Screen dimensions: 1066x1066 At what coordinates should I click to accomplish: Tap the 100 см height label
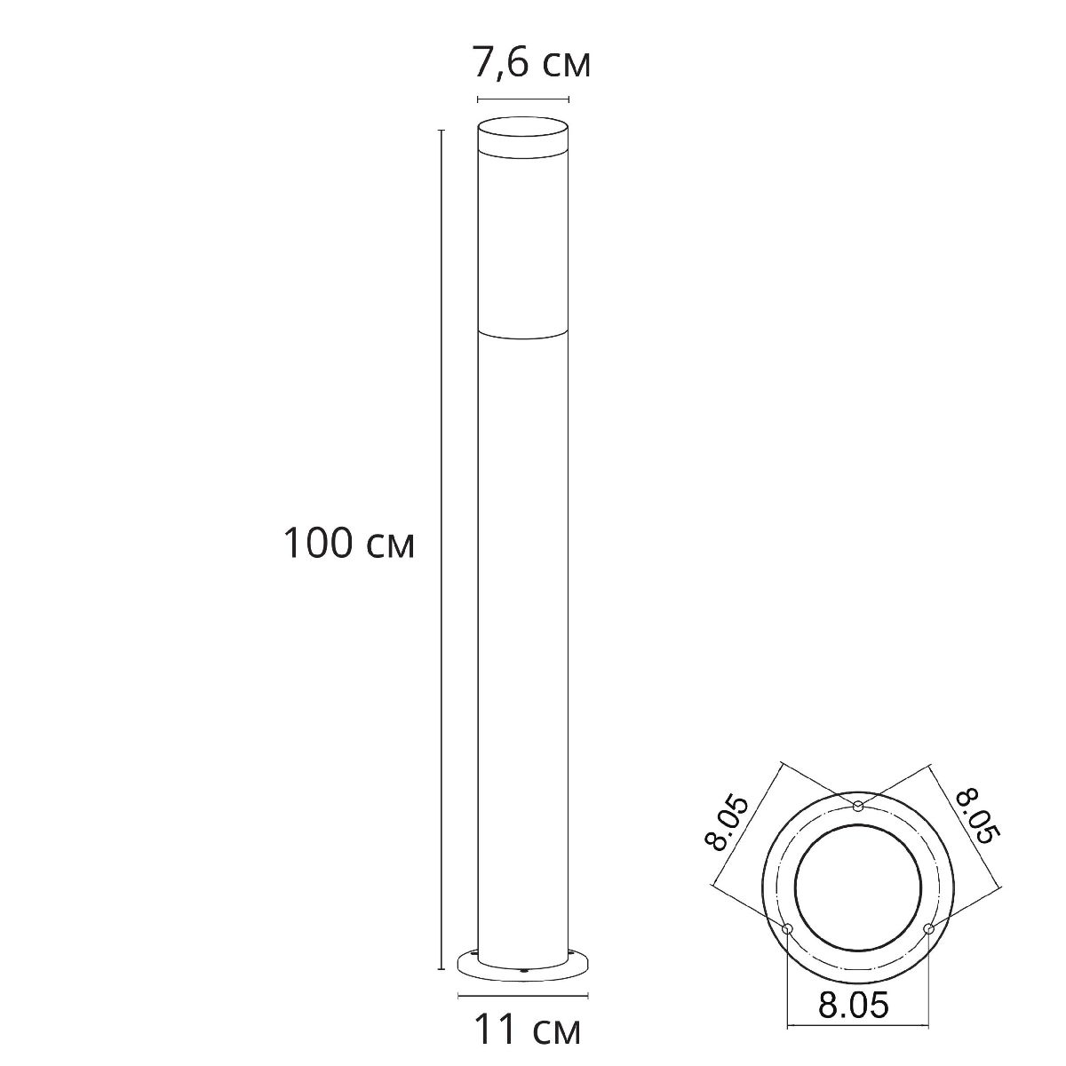(x=348, y=544)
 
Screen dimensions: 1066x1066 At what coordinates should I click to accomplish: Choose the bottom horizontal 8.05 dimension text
(x=853, y=1006)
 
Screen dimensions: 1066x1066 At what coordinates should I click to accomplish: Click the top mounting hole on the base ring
(x=858, y=806)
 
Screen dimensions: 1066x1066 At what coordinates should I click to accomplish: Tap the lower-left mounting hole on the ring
(x=787, y=928)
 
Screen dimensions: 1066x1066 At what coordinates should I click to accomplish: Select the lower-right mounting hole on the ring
(x=928, y=928)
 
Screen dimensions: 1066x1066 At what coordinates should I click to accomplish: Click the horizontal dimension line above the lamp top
(x=522, y=99)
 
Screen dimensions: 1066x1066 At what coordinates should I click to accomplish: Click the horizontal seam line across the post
(x=522, y=335)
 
